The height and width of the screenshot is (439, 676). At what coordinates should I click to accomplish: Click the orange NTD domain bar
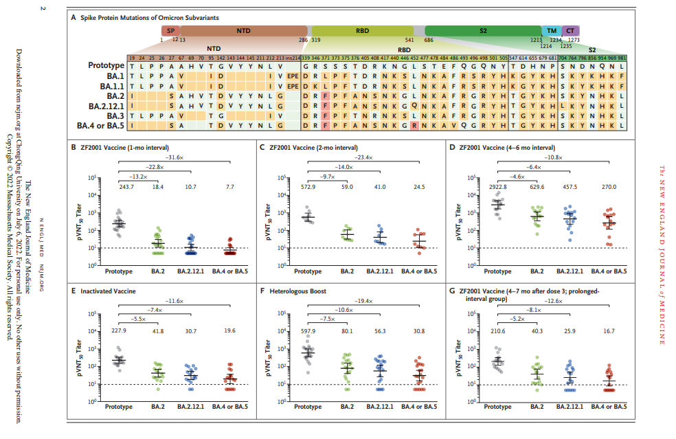pyautogui.click(x=243, y=31)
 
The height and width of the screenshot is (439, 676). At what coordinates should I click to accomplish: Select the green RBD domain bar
pyautogui.click(x=361, y=31)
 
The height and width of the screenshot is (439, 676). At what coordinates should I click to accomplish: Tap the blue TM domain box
pyautogui.click(x=551, y=31)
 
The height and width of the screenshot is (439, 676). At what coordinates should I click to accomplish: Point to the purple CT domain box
pyautogui.click(x=570, y=31)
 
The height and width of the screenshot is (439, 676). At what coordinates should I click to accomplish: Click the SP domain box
pyautogui.click(x=170, y=31)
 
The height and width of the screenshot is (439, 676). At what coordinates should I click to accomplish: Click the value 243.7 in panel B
pyautogui.click(x=120, y=187)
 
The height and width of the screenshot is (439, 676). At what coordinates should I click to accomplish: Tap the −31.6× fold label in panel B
pyautogui.click(x=176, y=157)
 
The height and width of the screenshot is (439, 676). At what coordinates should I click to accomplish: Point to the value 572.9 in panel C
pyautogui.click(x=308, y=187)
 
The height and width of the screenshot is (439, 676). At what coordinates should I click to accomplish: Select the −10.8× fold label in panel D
pyautogui.click(x=555, y=157)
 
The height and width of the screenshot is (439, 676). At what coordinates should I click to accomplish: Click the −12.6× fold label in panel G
pyautogui.click(x=555, y=302)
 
